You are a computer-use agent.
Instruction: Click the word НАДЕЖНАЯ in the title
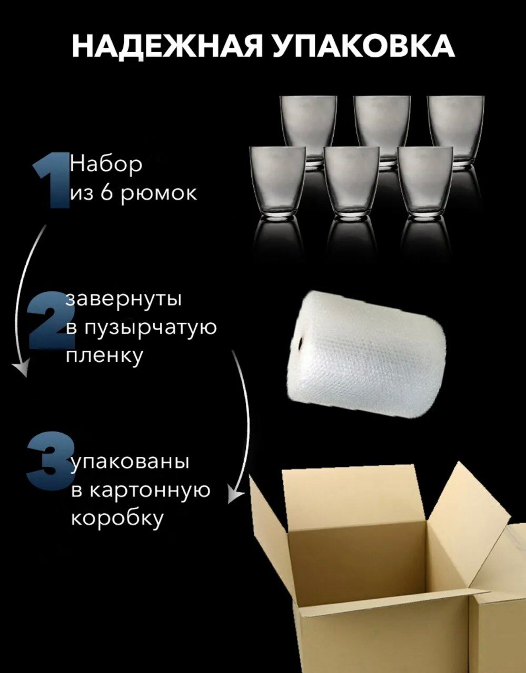coord(166,46)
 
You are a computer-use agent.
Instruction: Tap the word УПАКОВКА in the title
coord(364,46)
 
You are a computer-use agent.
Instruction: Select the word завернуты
coord(124,299)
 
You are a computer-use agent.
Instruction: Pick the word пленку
coord(104,355)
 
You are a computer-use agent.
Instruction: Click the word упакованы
coord(130,462)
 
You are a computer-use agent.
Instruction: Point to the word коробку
coord(117,518)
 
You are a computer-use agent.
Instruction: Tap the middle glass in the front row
coord(351,181)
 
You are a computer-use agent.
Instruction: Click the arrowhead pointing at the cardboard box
coord(237,494)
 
